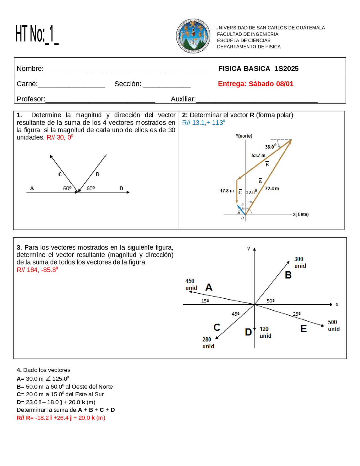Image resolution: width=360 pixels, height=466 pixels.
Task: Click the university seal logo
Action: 193,36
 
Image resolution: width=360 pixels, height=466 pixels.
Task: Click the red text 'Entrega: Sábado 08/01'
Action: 255,84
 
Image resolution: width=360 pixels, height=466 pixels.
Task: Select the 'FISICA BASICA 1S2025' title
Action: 258,69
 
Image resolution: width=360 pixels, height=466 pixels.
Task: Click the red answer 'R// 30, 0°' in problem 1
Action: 60,137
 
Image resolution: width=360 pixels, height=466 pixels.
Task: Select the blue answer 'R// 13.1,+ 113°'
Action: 203,122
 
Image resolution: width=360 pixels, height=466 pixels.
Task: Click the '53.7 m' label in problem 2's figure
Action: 258,155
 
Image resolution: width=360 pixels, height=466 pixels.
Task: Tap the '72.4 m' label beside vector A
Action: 272,188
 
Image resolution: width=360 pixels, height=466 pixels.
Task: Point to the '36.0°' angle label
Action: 270,147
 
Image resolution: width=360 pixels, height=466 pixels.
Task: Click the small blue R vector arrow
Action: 241,209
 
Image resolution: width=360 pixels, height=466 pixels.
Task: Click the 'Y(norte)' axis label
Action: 244,136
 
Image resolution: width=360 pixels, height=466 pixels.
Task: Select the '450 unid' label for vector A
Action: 191,284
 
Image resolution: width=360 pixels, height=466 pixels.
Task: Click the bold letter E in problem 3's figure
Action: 303,329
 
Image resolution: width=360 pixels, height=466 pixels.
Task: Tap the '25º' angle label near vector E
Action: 296,314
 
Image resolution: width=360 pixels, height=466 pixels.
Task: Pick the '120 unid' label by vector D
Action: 265,332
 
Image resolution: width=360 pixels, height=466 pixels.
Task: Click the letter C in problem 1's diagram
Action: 60,174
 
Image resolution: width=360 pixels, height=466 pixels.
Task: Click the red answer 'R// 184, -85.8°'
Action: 37,270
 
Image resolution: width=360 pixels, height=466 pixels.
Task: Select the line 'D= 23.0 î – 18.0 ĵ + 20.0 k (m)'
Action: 56,402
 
